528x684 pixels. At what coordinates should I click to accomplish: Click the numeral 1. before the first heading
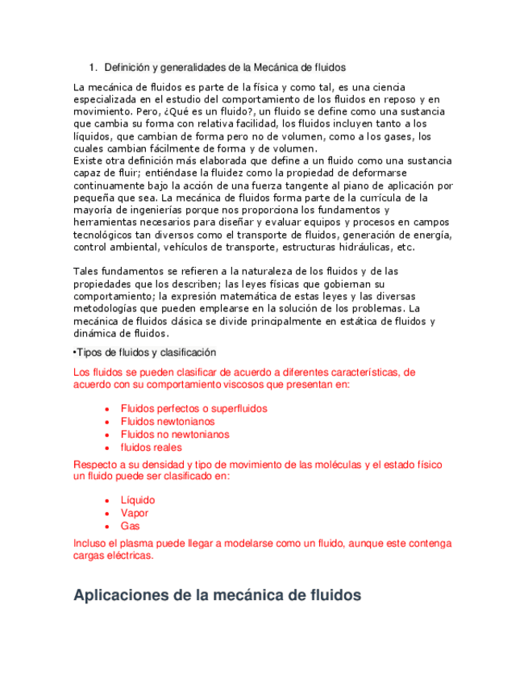tap(93, 67)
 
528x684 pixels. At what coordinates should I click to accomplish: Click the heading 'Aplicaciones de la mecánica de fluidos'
tap(217, 596)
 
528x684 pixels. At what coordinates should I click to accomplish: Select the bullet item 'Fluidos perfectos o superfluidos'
tap(193, 408)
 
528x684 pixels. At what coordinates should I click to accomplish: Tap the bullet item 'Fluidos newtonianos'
tap(168, 421)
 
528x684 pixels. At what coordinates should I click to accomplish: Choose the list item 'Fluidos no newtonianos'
tap(175, 434)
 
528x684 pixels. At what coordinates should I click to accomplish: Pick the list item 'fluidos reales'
tap(152, 447)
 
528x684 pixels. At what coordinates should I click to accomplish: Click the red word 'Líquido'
tap(138, 500)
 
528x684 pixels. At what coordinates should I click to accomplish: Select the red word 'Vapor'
tap(135, 513)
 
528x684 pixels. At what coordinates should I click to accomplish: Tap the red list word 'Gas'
tap(131, 526)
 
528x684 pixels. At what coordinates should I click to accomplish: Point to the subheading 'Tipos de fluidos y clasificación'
tap(146, 352)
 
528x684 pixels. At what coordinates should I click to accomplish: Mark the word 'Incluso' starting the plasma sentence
tap(90, 544)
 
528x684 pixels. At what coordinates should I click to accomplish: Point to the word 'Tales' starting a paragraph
tap(86, 271)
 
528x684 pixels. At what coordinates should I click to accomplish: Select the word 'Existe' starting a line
tap(89, 161)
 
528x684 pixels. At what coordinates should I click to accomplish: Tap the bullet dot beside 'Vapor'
tap(107, 514)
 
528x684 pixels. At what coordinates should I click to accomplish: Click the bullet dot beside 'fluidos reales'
tap(107, 448)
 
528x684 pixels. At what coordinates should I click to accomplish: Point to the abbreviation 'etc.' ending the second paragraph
tap(406, 247)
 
